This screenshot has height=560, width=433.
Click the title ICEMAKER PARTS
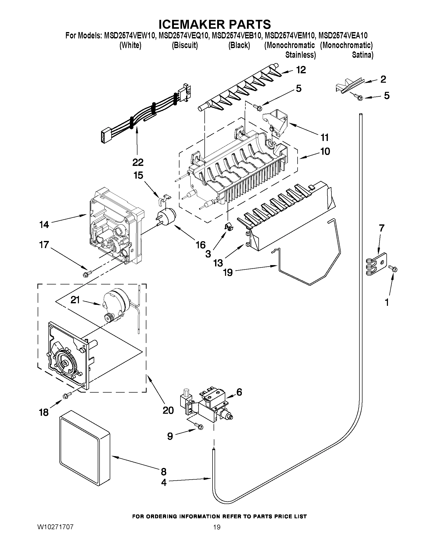[x=214, y=24]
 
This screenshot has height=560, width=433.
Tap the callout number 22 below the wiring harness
[x=138, y=162]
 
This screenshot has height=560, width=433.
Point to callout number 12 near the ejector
[x=301, y=70]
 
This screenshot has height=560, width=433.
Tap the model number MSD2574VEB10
[x=236, y=35]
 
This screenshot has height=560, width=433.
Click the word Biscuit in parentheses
[x=185, y=45]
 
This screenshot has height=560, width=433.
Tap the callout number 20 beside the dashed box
[x=168, y=410]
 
